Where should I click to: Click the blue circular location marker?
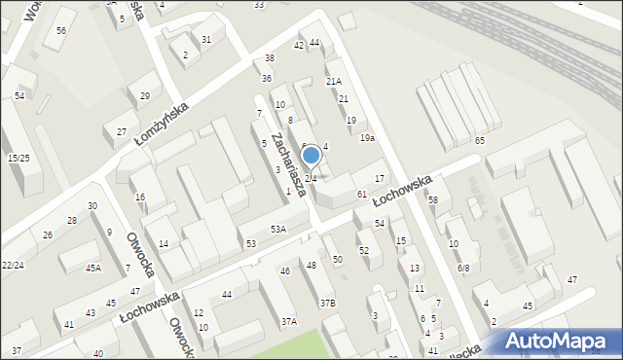[311, 155]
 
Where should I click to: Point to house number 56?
[61, 31]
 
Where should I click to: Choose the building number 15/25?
[18, 158]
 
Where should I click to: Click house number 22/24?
[13, 265]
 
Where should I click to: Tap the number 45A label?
[93, 268]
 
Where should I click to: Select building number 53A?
[278, 230]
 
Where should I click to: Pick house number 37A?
[289, 321]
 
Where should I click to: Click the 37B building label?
[328, 304]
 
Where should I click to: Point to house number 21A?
[333, 82]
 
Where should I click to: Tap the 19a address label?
[367, 138]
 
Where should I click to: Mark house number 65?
[480, 142]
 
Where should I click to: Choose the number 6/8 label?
[463, 268]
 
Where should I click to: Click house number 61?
[361, 195]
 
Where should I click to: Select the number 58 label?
[432, 200]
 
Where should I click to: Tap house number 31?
[206, 39]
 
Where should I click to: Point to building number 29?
[145, 95]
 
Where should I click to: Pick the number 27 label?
[121, 131]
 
